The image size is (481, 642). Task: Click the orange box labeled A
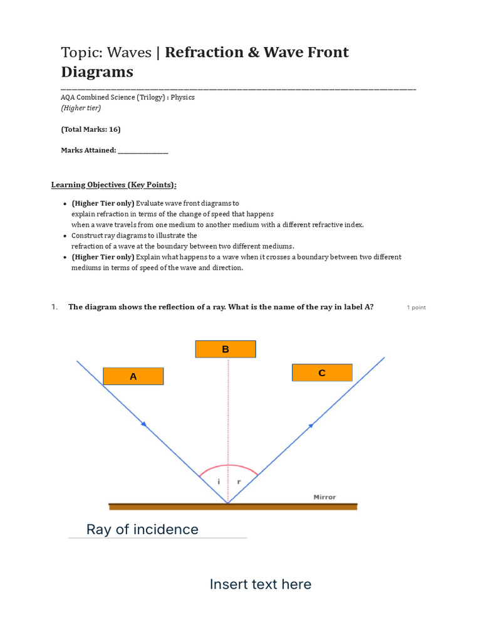pos(133,376)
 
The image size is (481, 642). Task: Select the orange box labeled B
pos(225,349)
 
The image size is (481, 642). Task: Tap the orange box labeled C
pos(322,373)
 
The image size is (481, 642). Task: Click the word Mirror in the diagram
pos(324,497)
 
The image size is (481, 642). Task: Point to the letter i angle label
pos(219,481)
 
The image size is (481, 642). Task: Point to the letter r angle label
pos(239,481)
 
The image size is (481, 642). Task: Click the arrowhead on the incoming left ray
pos(144,424)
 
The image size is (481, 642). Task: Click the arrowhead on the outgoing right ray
pos(310,426)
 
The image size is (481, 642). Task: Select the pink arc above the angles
pos(228,466)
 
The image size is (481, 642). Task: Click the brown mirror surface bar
pos(233,506)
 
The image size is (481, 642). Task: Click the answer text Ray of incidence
pos(142,530)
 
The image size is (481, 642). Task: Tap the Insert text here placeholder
pos(260,584)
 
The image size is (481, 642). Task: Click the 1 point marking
pos(416,308)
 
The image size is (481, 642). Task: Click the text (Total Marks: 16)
pos(90,130)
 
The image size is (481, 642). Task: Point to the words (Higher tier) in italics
pos(81,108)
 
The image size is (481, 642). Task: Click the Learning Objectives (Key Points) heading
pos(113,185)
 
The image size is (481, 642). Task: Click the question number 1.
pos(54,307)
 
